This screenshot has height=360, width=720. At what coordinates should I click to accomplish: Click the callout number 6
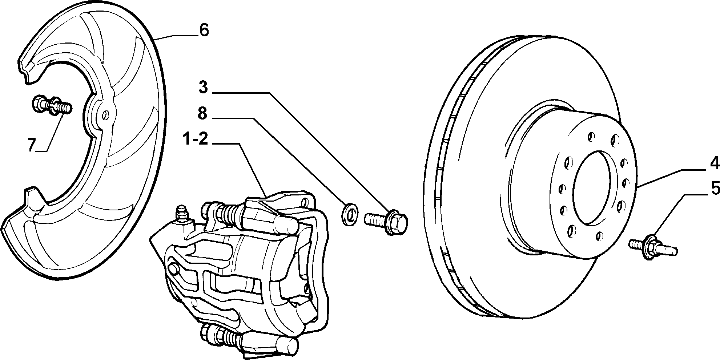[x=204, y=30]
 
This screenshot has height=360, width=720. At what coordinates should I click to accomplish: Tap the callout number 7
[x=32, y=145]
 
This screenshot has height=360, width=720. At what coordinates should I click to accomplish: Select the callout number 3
[x=203, y=88]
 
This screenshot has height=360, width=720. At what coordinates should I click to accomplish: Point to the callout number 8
[x=202, y=113]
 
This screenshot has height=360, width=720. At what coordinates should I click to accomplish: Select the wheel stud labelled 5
[x=653, y=247]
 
